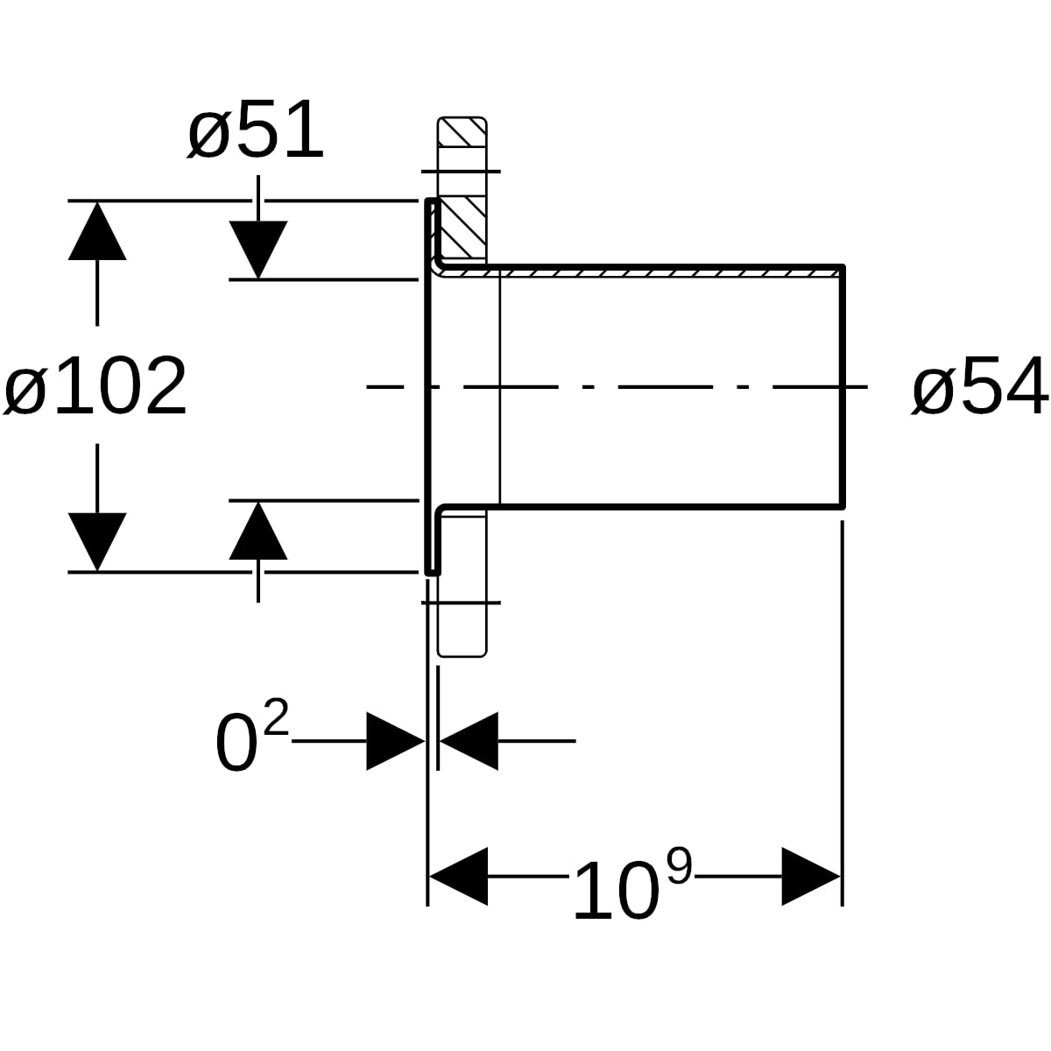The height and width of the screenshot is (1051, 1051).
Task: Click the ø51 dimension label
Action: pyautogui.click(x=255, y=130)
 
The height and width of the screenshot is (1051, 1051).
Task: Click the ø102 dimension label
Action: pyautogui.click(x=95, y=387)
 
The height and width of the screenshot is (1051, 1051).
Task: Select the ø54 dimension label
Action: pyautogui.click(x=979, y=386)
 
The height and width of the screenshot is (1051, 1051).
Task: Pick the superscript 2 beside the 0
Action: pyautogui.click(x=276, y=717)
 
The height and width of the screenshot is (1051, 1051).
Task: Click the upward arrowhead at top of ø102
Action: pyautogui.click(x=97, y=230)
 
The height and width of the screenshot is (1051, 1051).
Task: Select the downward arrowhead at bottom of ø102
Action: pyautogui.click(x=97, y=541)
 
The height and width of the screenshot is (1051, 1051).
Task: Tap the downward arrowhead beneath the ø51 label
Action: pyautogui.click(x=258, y=250)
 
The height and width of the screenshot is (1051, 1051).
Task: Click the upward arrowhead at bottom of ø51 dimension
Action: pyautogui.click(x=258, y=530)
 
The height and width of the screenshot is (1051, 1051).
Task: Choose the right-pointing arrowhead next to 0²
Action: pyautogui.click(x=395, y=741)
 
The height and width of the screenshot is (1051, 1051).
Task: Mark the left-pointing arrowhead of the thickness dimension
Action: pyautogui.click(x=469, y=741)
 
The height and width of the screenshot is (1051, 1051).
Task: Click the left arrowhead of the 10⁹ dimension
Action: pyautogui.click(x=458, y=877)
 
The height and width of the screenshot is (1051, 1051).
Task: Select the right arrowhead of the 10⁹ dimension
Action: pyautogui.click(x=811, y=877)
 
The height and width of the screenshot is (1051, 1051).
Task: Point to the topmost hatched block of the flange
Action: pyautogui.click(x=462, y=131)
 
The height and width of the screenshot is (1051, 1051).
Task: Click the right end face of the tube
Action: pyautogui.click(x=843, y=387)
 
